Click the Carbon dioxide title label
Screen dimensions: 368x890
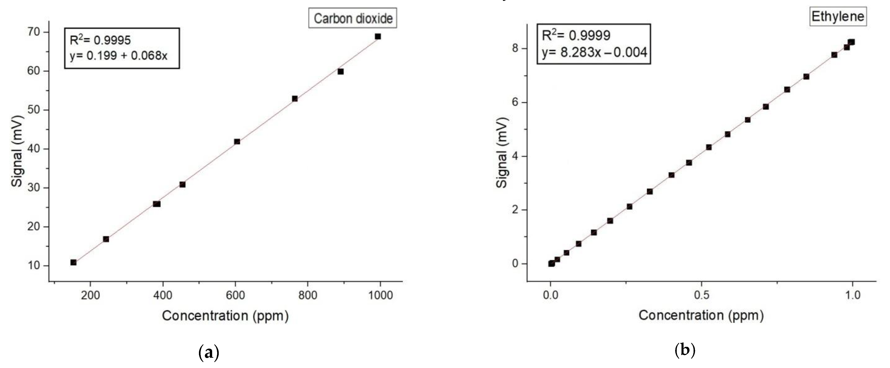pyautogui.click(x=353, y=18)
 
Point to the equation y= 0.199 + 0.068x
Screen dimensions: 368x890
pyautogui.click(x=119, y=55)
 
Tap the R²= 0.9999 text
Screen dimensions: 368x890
pyautogui.click(x=576, y=35)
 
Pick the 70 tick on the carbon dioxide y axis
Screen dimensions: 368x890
pyautogui.click(x=35, y=32)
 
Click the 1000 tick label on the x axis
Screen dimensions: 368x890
pyautogui.click(x=380, y=295)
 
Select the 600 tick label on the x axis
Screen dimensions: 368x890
pyautogui.click(x=235, y=295)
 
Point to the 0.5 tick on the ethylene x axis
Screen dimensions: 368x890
pyautogui.click(x=701, y=295)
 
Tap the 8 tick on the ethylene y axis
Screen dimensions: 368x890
pyautogui.click(x=516, y=48)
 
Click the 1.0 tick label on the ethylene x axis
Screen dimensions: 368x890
pyautogui.click(x=852, y=295)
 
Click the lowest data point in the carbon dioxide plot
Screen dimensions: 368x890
pyautogui.click(x=74, y=262)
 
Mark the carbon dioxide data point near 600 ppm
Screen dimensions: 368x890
pyautogui.click(x=237, y=142)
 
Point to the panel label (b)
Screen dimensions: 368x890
pyautogui.click(x=685, y=351)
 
